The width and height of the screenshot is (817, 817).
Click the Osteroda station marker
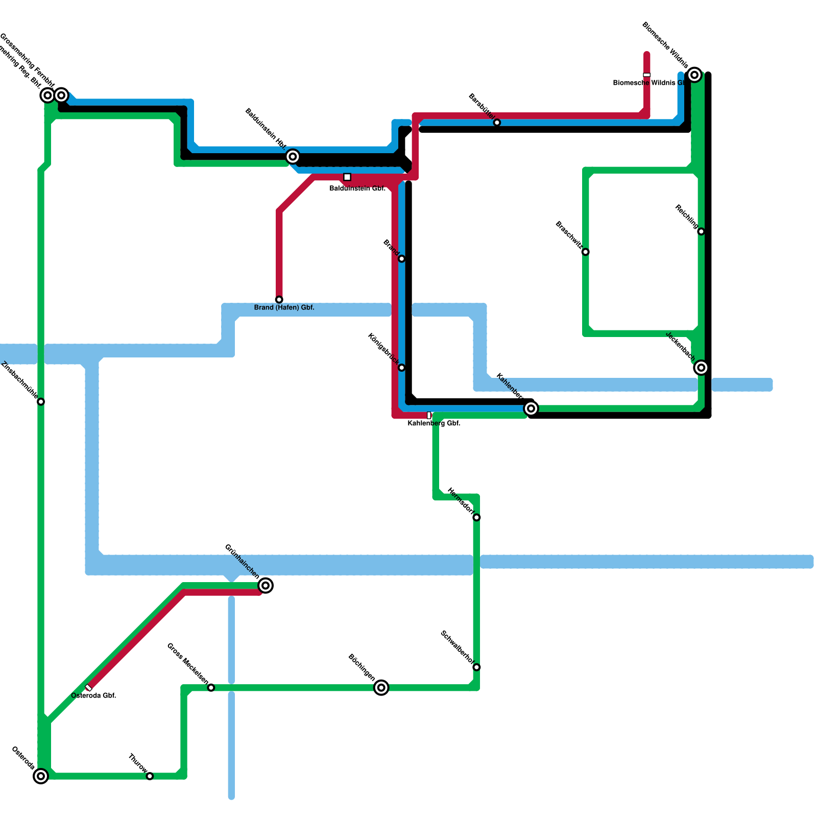(41, 776)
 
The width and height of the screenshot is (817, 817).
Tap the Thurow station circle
(150, 776)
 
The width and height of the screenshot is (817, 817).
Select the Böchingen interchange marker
(381, 688)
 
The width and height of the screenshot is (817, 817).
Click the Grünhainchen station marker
(266, 586)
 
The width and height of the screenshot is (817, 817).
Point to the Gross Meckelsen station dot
(211, 688)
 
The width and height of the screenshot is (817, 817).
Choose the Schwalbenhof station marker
(476, 667)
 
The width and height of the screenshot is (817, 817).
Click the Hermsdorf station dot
(476, 518)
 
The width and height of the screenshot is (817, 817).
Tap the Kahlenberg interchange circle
(531, 408)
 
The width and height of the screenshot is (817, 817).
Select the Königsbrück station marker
(401, 368)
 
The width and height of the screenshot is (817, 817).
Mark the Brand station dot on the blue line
(401, 259)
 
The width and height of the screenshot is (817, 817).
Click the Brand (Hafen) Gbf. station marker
(279, 299)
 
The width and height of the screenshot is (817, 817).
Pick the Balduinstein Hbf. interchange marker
(293, 156)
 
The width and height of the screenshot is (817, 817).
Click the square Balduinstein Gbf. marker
(347, 177)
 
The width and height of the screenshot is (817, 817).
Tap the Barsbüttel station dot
(497, 123)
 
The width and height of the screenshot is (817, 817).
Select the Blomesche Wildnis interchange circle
(694, 75)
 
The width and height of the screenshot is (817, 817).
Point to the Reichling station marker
(701, 231)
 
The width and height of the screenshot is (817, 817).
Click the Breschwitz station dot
(586, 252)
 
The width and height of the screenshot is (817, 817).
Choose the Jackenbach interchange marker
(701, 367)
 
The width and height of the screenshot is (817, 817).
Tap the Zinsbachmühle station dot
(41, 402)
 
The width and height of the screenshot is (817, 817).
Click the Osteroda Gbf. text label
(93, 695)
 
